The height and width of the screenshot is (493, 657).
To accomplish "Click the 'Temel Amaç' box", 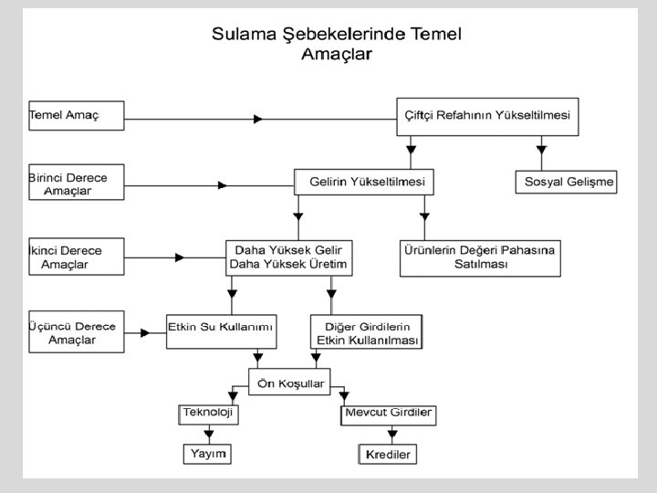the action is pyautogui.click(x=77, y=116).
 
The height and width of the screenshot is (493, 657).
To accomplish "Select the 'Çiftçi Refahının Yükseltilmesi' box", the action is pyautogui.click(x=487, y=117).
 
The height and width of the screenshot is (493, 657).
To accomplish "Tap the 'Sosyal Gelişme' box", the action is pyautogui.click(x=566, y=182).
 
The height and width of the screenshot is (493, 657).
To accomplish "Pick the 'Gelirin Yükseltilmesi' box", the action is pyautogui.click(x=364, y=182).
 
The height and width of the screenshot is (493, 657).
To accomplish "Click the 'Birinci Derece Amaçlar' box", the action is pyautogui.click(x=77, y=182).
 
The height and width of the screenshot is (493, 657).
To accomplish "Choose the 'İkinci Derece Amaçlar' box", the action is pyautogui.click(x=77, y=257).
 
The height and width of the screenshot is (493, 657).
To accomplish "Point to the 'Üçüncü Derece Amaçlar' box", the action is pyautogui.click(x=77, y=331).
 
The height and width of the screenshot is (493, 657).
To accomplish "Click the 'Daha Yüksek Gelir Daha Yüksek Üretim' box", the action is pyautogui.click(x=289, y=257).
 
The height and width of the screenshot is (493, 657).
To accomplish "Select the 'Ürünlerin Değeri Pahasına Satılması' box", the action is pyautogui.click(x=480, y=258).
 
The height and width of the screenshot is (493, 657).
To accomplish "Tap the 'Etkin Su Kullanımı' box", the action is pyautogui.click(x=221, y=331).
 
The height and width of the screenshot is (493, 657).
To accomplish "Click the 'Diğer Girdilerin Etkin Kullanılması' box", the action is pyautogui.click(x=366, y=332).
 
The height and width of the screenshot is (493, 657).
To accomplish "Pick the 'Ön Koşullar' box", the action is pyautogui.click(x=289, y=382).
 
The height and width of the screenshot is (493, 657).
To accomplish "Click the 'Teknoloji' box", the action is pyautogui.click(x=208, y=414).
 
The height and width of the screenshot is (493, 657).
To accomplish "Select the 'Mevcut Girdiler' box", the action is pyautogui.click(x=389, y=415).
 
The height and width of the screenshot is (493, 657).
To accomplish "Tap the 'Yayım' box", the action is pyautogui.click(x=207, y=454).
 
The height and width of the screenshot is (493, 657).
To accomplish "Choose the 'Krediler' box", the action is pyautogui.click(x=388, y=454).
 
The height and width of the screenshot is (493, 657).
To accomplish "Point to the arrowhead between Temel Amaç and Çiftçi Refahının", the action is pyautogui.click(x=258, y=119).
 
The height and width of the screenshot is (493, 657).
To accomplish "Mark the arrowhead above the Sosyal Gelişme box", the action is pyautogui.click(x=541, y=150).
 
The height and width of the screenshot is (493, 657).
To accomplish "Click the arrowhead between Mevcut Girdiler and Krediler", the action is pyautogui.click(x=392, y=435).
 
